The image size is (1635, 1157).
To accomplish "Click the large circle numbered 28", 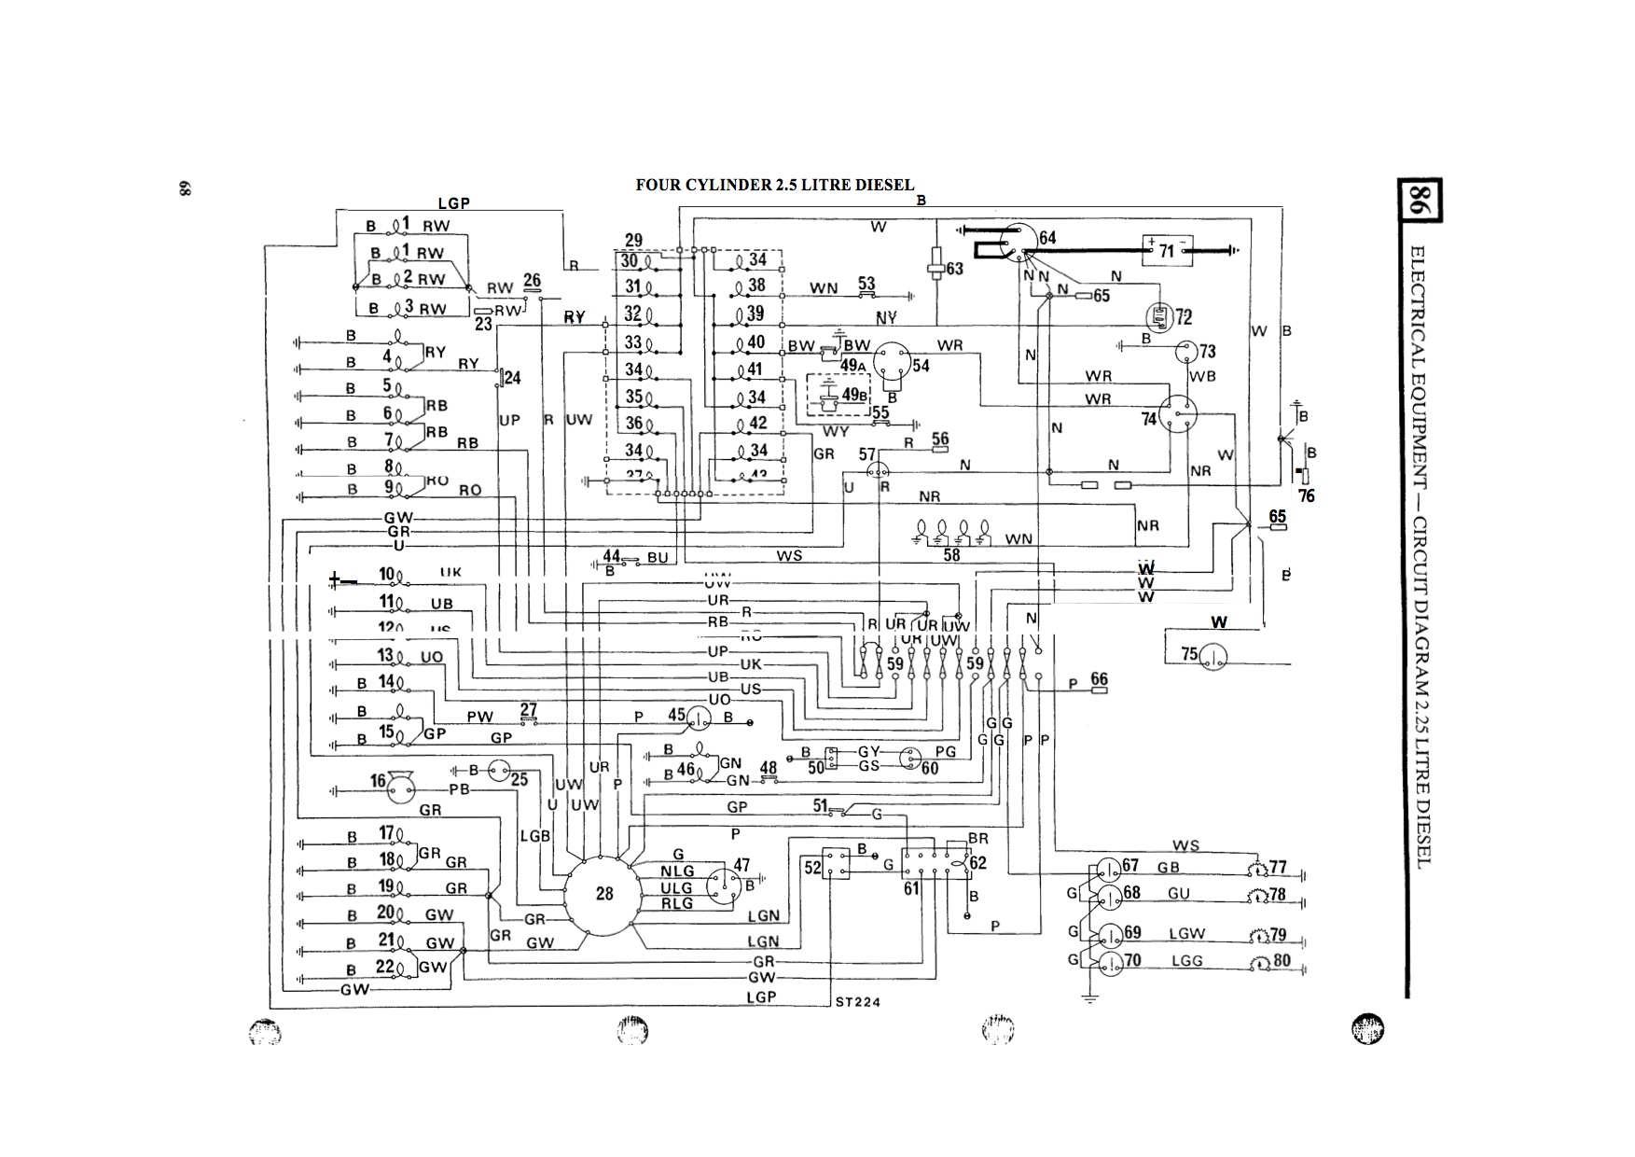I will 604,893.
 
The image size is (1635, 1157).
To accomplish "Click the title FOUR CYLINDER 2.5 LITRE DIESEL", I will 774,185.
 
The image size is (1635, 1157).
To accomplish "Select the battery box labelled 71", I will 1167,250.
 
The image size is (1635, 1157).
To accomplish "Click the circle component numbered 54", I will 893,362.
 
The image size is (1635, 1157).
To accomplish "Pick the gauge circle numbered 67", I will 1109,869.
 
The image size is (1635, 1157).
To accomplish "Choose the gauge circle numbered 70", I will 1109,963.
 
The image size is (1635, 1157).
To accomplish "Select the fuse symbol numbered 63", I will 937,268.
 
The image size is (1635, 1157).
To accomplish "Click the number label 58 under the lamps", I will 951,555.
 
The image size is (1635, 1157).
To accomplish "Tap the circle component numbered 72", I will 1159,318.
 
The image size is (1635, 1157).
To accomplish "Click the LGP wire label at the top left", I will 454,202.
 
